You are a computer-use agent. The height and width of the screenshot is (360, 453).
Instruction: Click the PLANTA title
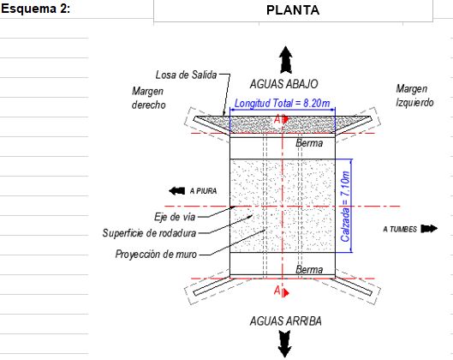tap(293, 10)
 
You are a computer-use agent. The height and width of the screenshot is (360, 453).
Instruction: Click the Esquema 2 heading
tap(35, 9)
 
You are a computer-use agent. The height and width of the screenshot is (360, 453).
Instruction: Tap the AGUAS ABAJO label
tap(283, 84)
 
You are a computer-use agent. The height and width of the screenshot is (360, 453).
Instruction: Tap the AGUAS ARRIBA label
tap(285, 321)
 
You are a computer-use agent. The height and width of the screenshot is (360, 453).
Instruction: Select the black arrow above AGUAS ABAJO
tap(285, 59)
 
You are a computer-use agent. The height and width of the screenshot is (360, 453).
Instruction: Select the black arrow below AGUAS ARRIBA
tap(285, 344)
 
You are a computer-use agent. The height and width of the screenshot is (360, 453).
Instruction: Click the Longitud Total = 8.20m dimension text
tap(282, 103)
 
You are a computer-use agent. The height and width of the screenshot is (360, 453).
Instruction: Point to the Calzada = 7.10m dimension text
tap(345, 207)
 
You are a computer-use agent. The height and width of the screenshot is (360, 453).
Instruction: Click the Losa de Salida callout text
tap(186, 75)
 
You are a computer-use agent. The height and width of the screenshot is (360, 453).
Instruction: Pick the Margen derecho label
tap(148, 98)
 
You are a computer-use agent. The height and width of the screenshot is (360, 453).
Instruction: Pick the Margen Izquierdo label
tap(414, 96)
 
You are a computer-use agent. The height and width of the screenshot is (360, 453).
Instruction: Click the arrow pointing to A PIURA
tap(176, 191)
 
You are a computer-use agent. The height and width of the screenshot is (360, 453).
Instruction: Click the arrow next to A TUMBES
tap(429, 229)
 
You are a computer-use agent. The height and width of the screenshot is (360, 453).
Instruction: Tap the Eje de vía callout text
tap(175, 217)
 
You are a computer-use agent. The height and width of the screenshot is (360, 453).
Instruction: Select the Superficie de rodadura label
tap(149, 233)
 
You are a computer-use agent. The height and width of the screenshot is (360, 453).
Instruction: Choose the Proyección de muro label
tap(156, 255)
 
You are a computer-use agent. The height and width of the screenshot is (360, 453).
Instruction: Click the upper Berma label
tap(309, 143)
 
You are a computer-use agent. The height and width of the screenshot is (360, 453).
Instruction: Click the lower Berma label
tap(309, 269)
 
